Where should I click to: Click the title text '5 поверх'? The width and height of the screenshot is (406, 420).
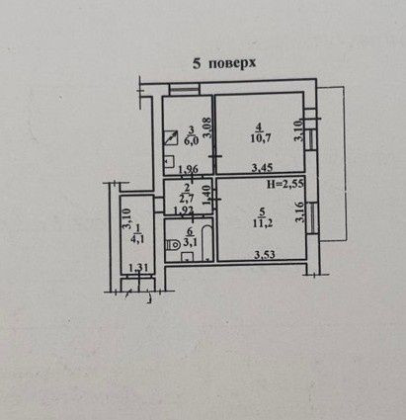coord(224,63)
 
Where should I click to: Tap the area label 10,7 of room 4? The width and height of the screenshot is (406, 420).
coord(261,138)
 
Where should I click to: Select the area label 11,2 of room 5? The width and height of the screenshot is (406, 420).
coord(263,223)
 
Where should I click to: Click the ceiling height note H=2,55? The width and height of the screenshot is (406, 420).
coord(285,184)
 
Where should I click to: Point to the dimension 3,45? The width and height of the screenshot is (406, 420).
coord(262,168)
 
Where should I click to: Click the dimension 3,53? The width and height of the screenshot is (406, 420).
coord(265,255)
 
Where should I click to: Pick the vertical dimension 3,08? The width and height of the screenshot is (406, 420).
coord(207,127)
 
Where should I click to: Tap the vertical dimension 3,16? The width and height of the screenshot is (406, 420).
coord(299,212)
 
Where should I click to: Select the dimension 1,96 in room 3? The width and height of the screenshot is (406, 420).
coord(188,170)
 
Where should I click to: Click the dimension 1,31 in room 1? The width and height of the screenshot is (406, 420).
coord(138,268)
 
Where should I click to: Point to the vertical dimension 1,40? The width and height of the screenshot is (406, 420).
coord(206,196)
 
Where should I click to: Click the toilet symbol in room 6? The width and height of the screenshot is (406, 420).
coord(173,245)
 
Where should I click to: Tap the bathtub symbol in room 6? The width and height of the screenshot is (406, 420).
coord(205,243)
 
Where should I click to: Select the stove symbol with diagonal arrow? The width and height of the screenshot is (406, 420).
coord(171,137)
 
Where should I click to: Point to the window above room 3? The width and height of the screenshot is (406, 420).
coord(185,89)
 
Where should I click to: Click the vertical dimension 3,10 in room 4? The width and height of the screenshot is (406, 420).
coord(298,130)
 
